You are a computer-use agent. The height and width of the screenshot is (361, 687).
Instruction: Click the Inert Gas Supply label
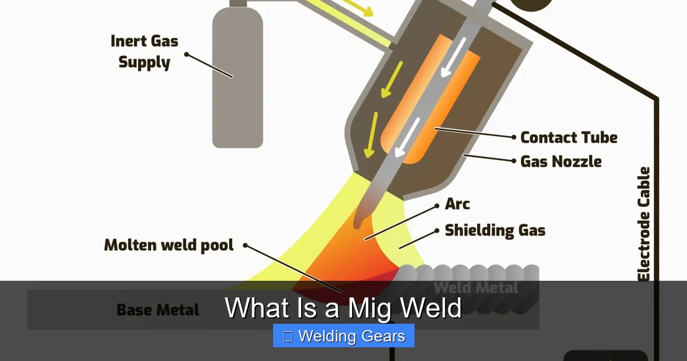pos(144,52)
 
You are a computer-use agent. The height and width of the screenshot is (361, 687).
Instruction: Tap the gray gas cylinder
pos(238,77)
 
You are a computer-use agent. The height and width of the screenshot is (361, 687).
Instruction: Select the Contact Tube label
pos(569,138)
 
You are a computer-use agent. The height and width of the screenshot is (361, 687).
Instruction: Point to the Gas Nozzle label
pos(561,162)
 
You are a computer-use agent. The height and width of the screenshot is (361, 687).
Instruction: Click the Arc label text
pos(457,204)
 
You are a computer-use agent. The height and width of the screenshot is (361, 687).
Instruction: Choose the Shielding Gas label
pos(495,230)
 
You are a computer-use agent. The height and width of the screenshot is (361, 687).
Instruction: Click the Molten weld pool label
pos(169,245)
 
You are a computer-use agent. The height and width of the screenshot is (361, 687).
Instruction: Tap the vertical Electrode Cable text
pos(643,224)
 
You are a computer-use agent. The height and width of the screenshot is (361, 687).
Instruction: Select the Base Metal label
pos(158,310)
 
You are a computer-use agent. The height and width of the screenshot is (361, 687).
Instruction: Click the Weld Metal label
pos(476,288)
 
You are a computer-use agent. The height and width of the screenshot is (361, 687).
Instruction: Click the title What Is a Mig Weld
pos(343,307)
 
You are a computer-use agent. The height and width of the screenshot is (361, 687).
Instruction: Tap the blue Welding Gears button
pos(343,336)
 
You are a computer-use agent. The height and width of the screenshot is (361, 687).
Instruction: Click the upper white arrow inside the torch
pos(453,57)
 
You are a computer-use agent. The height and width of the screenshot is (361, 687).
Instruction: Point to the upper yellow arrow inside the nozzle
pos(392,80)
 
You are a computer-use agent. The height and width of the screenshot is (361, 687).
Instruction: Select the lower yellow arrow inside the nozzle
pos(371,135)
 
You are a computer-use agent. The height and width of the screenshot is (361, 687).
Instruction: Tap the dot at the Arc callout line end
pos(437,206)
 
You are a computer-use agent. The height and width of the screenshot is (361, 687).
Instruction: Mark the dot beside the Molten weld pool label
pos(245,245)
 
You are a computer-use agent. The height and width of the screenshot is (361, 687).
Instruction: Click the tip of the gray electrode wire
pos(357,226)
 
